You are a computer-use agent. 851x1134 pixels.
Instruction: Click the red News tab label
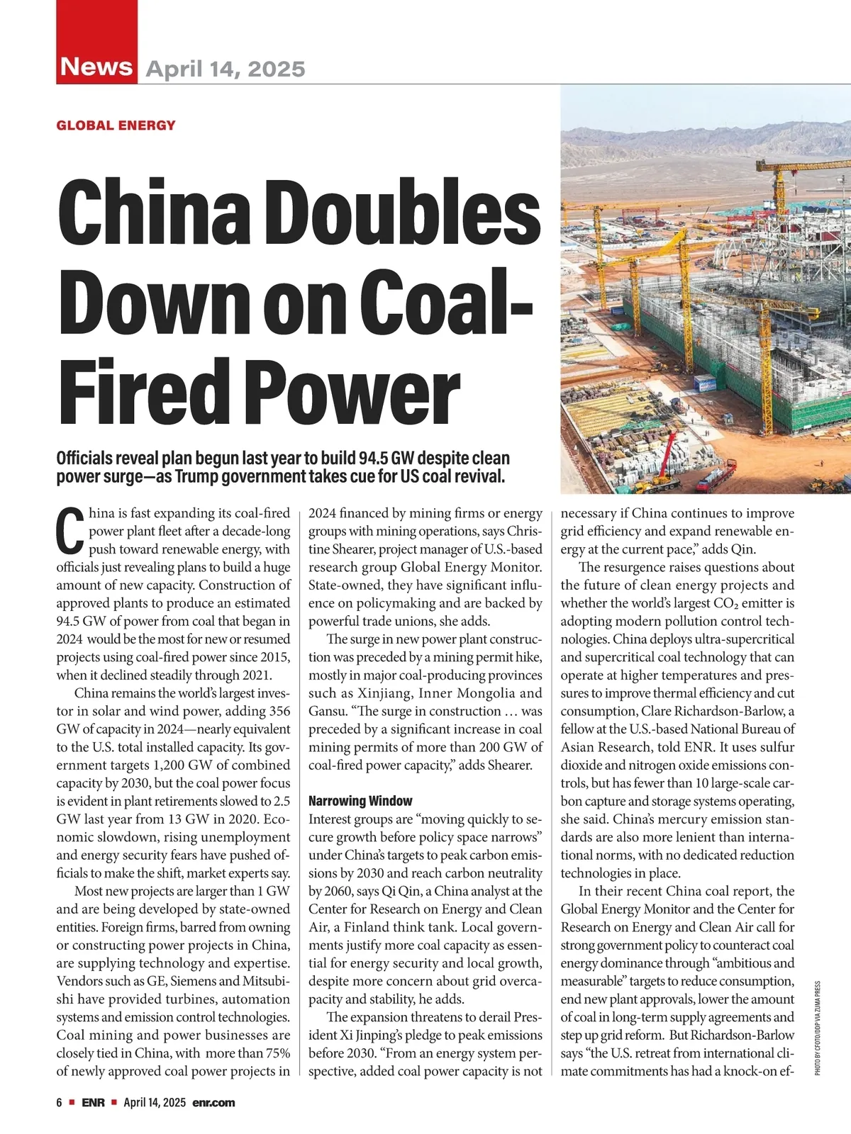point(97,67)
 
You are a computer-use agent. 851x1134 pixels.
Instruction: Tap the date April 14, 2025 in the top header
point(226,69)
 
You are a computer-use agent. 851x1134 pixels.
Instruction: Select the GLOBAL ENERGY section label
point(116,125)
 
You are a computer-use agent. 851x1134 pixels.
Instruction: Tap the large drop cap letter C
point(69,532)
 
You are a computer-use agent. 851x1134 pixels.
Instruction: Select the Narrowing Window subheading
point(360,801)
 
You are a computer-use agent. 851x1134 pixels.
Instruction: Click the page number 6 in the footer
point(60,1102)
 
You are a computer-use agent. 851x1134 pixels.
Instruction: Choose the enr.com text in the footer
point(213,1102)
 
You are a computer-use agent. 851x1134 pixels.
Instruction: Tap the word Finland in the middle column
point(367,927)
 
